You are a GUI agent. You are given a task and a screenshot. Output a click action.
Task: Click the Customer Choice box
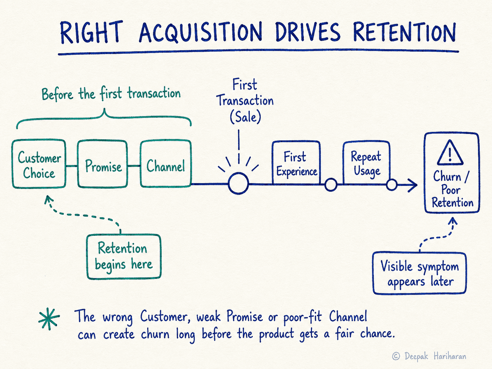39,164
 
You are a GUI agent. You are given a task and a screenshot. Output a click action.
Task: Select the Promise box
102,164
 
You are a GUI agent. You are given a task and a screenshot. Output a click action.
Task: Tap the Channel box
166,163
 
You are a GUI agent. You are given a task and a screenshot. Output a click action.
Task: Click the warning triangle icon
450,153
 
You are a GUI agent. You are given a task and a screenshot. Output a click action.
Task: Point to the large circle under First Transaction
238,183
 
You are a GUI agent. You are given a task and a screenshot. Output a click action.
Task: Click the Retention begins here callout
124,257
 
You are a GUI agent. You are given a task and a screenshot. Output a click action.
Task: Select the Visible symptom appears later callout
419,273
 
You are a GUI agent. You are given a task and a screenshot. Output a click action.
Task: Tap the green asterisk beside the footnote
49,319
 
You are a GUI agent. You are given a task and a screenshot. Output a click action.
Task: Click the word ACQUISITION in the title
200,32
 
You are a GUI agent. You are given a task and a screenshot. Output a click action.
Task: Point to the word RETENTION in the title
404,32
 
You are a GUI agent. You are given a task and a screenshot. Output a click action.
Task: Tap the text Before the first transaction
111,94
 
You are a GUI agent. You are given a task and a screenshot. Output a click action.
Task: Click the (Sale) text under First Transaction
245,117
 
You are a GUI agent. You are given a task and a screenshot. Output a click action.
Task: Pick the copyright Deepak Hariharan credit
429,356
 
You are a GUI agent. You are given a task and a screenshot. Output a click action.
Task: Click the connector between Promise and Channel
134,166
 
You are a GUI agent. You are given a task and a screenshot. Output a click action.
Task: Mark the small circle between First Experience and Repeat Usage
331,185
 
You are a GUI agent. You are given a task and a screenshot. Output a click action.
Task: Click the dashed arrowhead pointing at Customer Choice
48,199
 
